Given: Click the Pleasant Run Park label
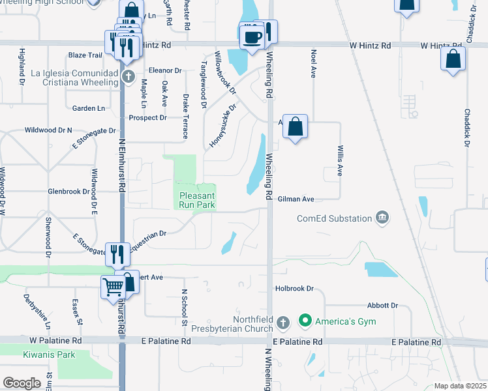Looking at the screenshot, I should [197, 199].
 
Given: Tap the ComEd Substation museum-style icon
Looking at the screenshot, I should [382, 219].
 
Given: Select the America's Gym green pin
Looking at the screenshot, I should [304, 321].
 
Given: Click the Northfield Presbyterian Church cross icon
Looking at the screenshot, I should [282, 322].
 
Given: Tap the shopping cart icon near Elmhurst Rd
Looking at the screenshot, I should [113, 286].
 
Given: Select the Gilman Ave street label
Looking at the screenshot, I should [296, 199].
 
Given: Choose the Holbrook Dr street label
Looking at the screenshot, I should [294, 287].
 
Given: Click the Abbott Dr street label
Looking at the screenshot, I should [382, 305].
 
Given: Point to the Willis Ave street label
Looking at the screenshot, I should [340, 160].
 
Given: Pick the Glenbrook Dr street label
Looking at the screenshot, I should [69, 192].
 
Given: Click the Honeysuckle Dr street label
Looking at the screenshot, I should [222, 126].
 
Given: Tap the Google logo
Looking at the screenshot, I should [22, 383].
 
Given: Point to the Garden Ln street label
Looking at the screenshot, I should [89, 108].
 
